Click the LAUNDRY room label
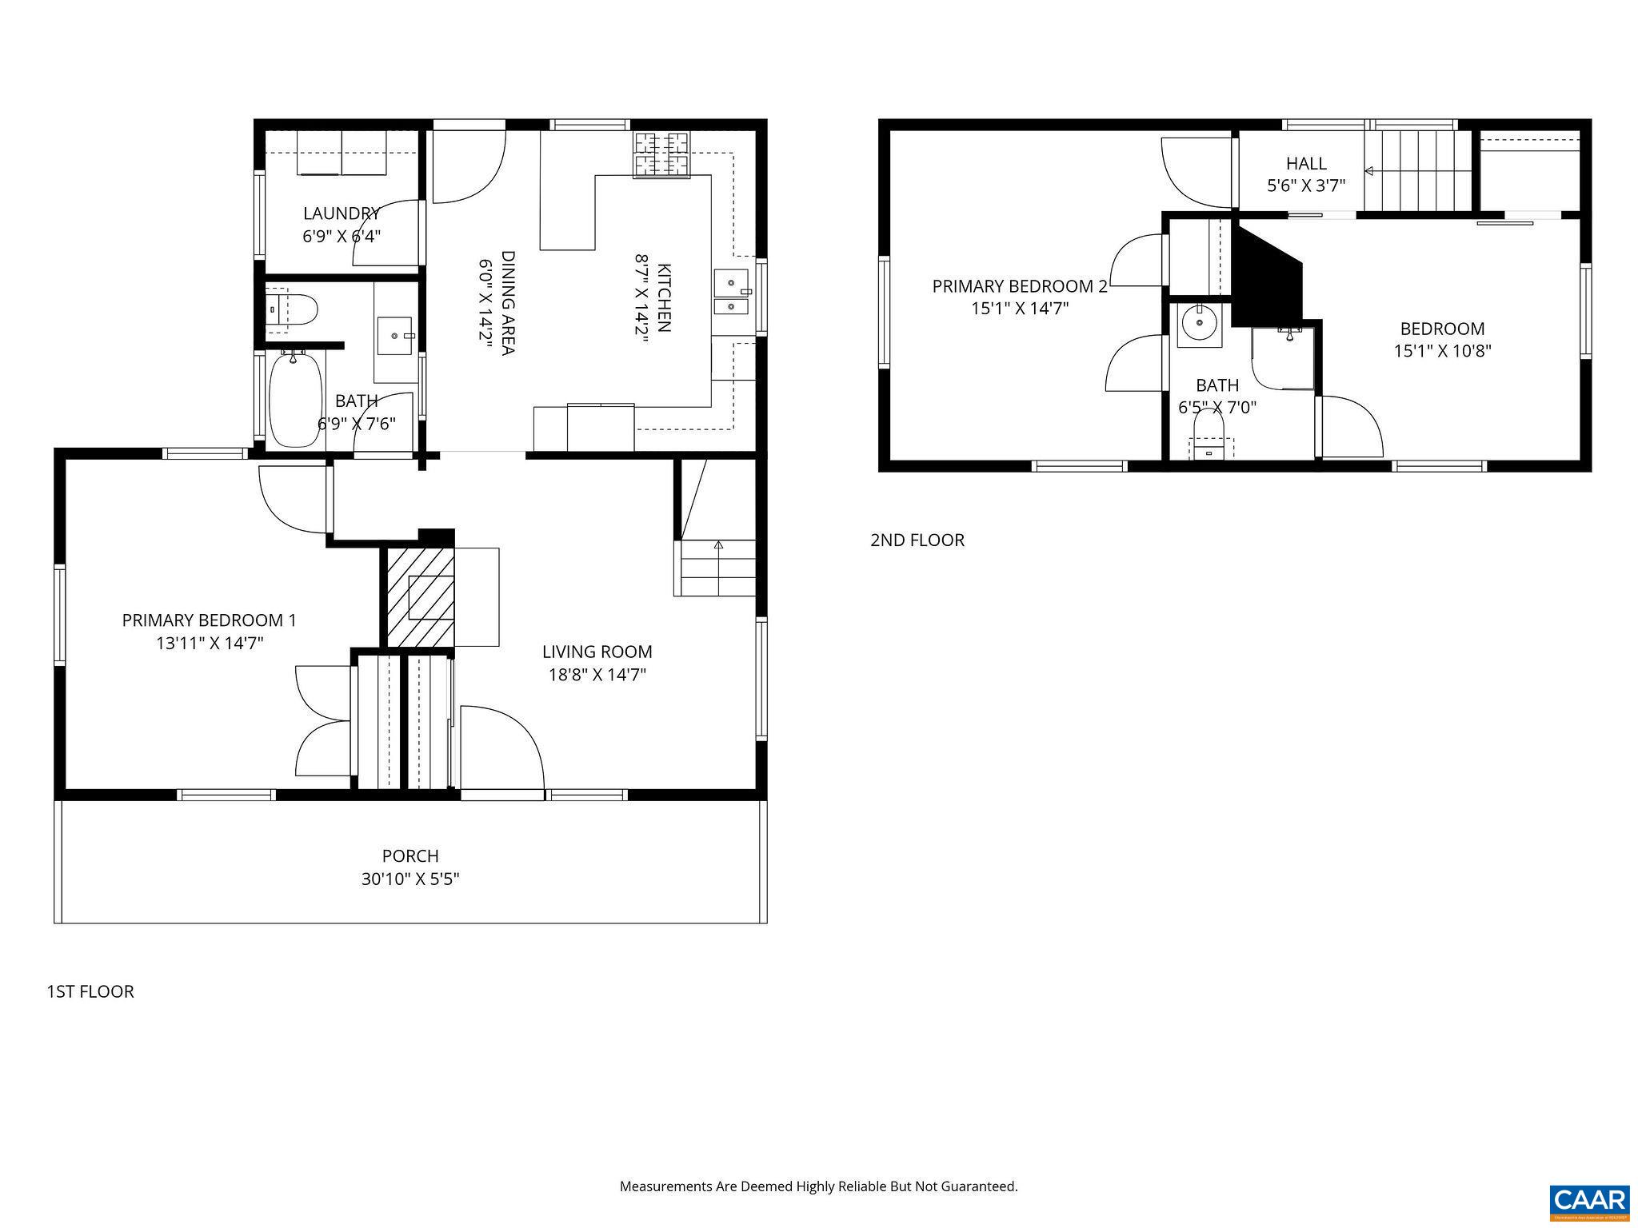pos(341,213)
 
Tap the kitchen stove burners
pos(661,155)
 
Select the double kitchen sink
pos(731,293)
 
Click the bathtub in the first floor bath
pos(295,399)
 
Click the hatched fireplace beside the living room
pos(421,597)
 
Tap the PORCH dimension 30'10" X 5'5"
pos(410,879)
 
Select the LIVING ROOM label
pos(597,652)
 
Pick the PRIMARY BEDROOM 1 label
pos(209,620)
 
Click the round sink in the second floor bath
pos(1199,324)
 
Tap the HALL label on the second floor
pos(1306,164)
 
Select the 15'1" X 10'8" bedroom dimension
pos(1442,351)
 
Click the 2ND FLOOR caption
pos(917,540)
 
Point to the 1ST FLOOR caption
pos(90,991)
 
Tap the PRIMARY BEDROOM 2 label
pos(1019,286)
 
